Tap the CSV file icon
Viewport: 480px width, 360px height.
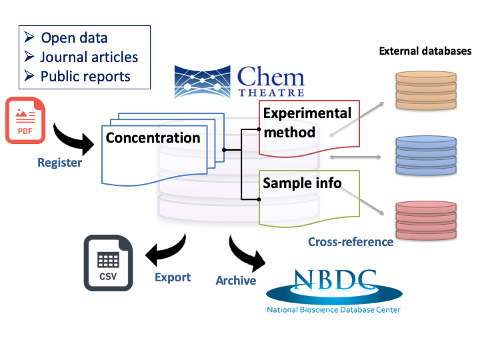tap(108, 263)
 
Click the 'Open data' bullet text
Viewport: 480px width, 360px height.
tap(74, 38)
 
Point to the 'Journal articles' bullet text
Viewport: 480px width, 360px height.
tap(89, 57)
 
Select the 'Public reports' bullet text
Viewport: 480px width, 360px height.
tap(85, 77)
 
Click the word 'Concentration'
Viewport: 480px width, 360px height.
tap(153, 138)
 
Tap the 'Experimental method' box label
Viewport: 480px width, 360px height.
tap(306, 122)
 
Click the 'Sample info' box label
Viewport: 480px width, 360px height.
tap(302, 183)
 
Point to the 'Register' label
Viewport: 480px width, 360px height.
tap(59, 163)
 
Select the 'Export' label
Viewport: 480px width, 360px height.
tap(173, 277)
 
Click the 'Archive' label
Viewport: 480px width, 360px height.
tap(235, 281)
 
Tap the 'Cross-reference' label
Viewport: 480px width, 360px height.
tap(351, 242)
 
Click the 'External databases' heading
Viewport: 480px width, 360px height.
tap(425, 51)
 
